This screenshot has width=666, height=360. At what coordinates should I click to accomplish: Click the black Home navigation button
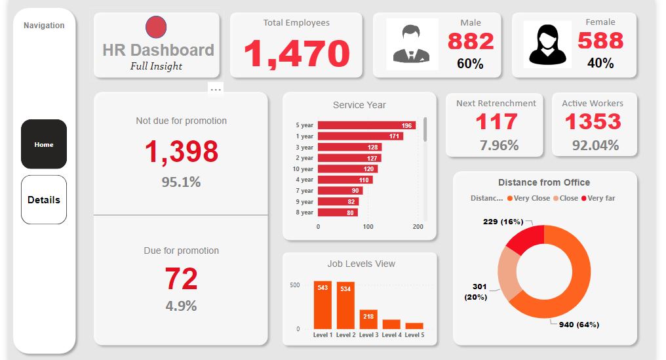pyautogui.click(x=44, y=144)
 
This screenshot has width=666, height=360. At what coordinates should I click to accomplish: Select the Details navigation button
pyautogui.click(x=44, y=200)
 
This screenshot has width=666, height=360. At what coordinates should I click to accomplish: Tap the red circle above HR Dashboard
pyautogui.click(x=156, y=28)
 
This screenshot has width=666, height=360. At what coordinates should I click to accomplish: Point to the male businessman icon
pyautogui.click(x=412, y=44)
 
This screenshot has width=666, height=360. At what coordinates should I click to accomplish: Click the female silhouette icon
pyautogui.click(x=547, y=44)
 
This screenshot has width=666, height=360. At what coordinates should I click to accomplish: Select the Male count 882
pyautogui.click(x=471, y=41)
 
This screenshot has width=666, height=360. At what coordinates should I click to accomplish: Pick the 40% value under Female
pyautogui.click(x=600, y=63)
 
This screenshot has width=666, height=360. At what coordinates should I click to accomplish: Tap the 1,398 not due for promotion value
pyautogui.click(x=181, y=151)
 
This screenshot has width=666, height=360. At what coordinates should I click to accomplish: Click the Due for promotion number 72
pyautogui.click(x=181, y=279)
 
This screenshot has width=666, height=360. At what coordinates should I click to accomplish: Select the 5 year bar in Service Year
pyautogui.click(x=366, y=125)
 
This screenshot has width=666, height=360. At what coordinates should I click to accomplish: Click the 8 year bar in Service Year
pyautogui.click(x=338, y=212)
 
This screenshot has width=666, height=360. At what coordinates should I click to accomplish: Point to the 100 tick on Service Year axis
pyautogui.click(x=368, y=227)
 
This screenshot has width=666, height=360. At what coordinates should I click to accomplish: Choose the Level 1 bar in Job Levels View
pyautogui.click(x=323, y=305)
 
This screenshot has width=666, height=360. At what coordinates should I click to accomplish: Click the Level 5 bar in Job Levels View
pyautogui.click(x=414, y=325)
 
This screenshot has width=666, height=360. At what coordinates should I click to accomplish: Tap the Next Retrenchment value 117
pyautogui.click(x=496, y=122)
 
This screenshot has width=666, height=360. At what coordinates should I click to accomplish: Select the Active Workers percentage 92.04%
pyautogui.click(x=595, y=145)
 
